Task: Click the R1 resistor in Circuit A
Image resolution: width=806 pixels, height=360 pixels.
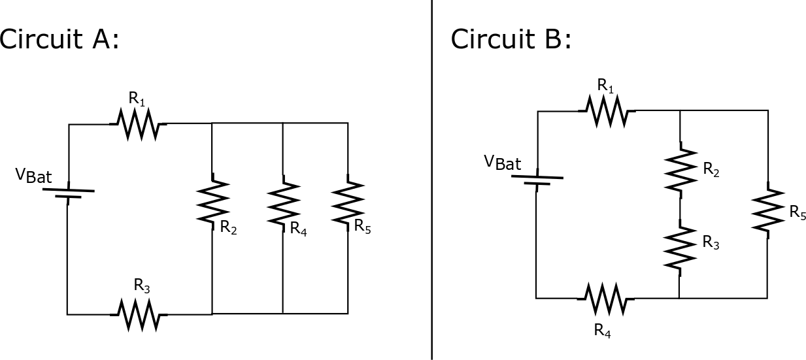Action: click(x=139, y=123)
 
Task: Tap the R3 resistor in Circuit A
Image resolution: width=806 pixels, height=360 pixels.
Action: click(x=139, y=314)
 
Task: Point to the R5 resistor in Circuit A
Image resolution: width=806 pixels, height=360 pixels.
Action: click(x=348, y=202)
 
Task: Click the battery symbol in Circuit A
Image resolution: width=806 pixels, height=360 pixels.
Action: click(x=68, y=193)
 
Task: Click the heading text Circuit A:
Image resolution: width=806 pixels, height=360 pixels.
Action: click(x=59, y=39)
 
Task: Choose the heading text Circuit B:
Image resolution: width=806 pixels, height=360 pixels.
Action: click(x=511, y=39)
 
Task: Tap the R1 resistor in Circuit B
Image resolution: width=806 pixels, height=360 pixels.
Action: click(x=607, y=111)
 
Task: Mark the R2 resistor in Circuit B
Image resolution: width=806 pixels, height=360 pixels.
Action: click(x=680, y=169)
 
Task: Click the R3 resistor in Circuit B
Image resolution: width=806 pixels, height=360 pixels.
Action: click(x=680, y=248)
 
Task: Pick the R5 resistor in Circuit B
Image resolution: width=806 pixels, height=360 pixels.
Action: click(x=767, y=209)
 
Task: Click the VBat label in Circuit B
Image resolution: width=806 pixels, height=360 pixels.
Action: click(x=503, y=162)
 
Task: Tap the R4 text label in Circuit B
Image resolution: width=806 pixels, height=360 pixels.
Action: click(x=603, y=330)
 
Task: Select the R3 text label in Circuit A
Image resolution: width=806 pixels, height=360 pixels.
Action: click(x=143, y=285)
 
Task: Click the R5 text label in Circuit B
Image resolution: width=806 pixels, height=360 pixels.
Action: click(x=798, y=212)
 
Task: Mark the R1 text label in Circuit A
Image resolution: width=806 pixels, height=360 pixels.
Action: click(x=137, y=99)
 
